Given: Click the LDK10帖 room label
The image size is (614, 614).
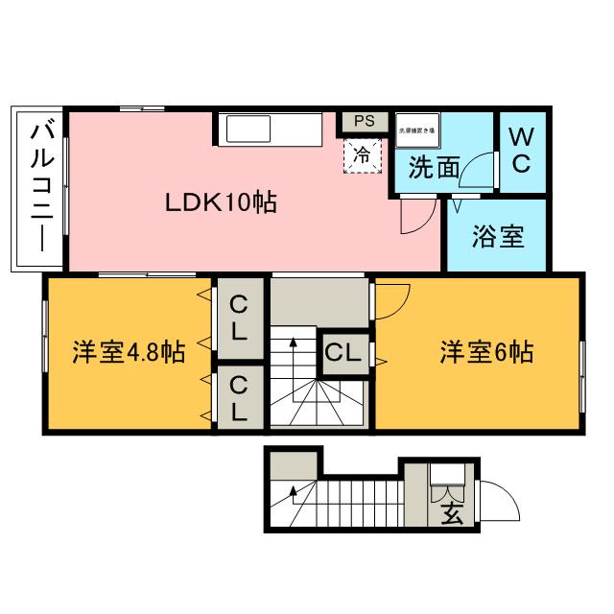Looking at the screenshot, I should tap(221, 202).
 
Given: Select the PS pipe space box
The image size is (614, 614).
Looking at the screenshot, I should tap(364, 122).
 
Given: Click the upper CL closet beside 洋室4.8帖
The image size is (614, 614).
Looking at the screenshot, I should tap(239, 319).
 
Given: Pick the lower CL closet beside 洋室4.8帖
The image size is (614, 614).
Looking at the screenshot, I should tap(239, 399).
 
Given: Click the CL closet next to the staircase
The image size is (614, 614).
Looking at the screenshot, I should tap(342, 352).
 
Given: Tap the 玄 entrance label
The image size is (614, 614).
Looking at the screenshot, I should tap(452, 511).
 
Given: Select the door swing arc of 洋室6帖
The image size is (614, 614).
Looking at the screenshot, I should tap(393, 300).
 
